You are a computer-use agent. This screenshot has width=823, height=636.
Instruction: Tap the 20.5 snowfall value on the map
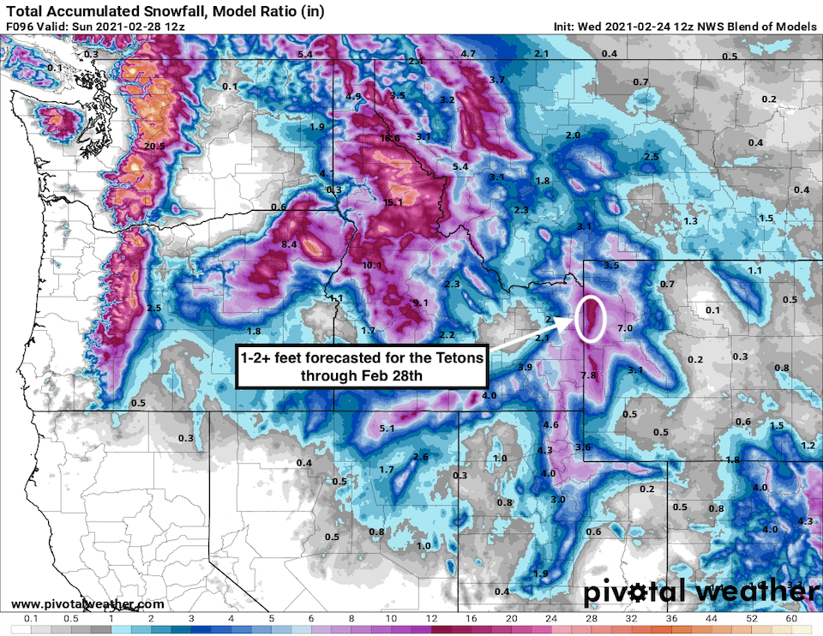click(x=154, y=147)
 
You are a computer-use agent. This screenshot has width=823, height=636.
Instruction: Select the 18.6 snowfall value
click(x=390, y=138)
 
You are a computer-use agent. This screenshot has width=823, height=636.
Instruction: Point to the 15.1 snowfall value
click(x=393, y=202)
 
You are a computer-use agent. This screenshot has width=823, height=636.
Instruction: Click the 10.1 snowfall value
click(x=372, y=265)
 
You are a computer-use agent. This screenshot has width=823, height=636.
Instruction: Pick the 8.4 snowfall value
click(x=289, y=244)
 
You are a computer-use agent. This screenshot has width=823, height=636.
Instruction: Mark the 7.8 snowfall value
click(x=588, y=375)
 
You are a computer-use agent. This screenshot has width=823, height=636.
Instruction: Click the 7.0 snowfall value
click(x=624, y=328)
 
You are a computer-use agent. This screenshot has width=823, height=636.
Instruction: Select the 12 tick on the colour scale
click(x=431, y=617)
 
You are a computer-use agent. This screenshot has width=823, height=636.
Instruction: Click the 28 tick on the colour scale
click(x=592, y=617)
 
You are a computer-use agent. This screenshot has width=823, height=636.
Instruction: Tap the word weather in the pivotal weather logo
click(x=751, y=593)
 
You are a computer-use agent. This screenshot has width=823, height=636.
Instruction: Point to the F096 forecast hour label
click(x=21, y=27)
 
